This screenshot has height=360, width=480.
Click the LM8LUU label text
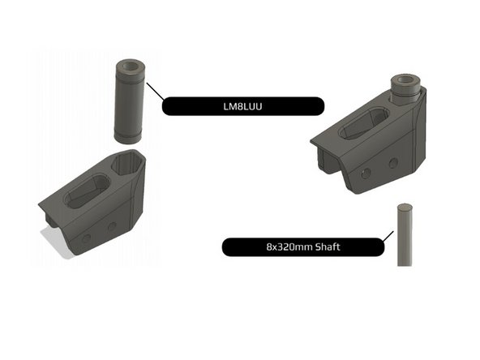pos(242,106)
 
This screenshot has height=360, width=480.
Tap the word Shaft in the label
pos(328,246)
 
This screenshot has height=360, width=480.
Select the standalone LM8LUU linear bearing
pos(130,101)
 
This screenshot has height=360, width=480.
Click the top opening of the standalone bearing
pos(130,66)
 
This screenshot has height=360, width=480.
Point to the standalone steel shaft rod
pos(405,235)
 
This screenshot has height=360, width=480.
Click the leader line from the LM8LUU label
pos(156,91)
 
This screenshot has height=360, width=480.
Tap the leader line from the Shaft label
pos(388,236)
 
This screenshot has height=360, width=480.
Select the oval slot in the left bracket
pos(88,192)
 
